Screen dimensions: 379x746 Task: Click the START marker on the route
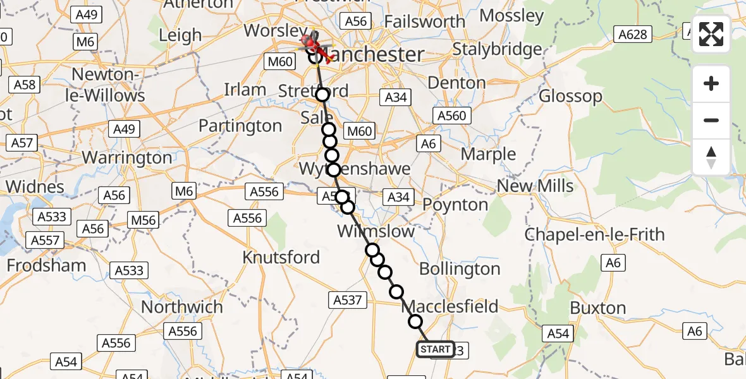(436, 349)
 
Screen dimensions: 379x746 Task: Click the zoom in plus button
(711, 83)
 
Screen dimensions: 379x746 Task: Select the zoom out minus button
(711, 120)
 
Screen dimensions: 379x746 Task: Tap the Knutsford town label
(281, 258)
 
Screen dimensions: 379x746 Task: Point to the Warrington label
(127, 157)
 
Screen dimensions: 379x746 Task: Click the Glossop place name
(571, 97)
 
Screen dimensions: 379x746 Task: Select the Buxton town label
(598, 308)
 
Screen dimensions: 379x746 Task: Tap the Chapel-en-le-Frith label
(595, 234)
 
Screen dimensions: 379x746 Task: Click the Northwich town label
(182, 307)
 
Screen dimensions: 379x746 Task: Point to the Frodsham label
(47, 265)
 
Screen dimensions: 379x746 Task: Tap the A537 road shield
(347, 300)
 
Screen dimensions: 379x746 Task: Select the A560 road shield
(451, 116)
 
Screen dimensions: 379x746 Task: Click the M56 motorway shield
(143, 220)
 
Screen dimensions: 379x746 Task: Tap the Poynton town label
(455, 205)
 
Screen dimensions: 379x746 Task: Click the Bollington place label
(460, 269)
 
